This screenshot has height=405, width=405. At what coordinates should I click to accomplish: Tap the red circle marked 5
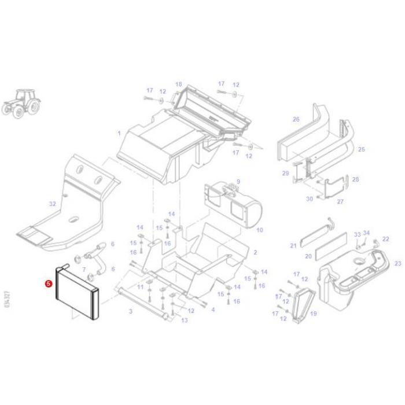point(49,284)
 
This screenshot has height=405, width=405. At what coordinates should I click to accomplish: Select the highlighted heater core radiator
point(77,293)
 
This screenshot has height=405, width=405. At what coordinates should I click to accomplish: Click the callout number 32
point(53,204)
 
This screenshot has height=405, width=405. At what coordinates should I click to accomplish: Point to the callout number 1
point(119,133)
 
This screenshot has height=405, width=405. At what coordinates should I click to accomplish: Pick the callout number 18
point(178,84)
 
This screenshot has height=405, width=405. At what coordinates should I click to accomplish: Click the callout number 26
point(296,120)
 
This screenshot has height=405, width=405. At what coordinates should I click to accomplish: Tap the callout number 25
point(361,149)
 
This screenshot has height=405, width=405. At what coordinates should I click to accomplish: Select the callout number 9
point(238,182)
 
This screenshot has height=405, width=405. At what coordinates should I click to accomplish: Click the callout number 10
point(259,230)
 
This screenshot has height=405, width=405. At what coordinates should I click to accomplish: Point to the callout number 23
point(397,264)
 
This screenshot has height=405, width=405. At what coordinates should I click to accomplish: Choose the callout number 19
point(314,314)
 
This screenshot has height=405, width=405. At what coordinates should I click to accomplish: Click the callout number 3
point(131,311)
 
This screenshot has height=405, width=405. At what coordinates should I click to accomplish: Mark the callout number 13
point(185,320)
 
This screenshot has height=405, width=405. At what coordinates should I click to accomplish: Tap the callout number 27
point(340,201)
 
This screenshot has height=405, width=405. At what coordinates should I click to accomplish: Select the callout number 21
point(293,246)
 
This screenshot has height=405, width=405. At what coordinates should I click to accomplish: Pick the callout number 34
point(366,234)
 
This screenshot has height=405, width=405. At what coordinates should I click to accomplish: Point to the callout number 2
point(255,253)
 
